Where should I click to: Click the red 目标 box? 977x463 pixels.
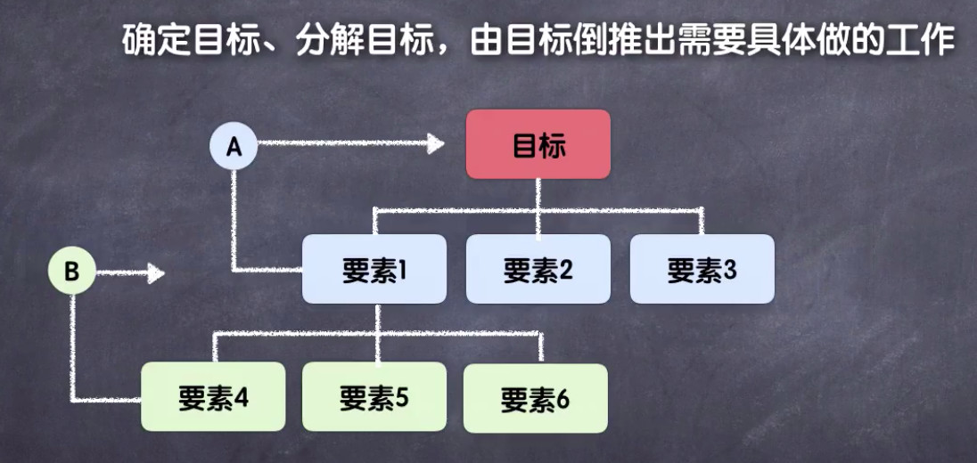[538, 144]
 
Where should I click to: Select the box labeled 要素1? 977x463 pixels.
[374, 269]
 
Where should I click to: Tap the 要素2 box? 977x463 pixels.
[538, 269]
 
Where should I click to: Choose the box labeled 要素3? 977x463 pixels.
[702, 269]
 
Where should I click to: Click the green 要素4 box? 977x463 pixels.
[213, 396]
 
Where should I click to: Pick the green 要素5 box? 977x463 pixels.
[374, 396]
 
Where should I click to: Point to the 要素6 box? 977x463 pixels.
[535, 398]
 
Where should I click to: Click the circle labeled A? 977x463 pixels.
[234, 146]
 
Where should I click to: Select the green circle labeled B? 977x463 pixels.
[72, 272]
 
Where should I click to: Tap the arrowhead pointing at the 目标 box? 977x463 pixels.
[436, 142]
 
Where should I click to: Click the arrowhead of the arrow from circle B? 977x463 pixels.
[156, 272]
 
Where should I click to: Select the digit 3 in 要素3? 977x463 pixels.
[730, 270]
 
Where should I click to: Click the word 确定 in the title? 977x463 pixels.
[151, 40]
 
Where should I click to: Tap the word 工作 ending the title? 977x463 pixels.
[926, 40]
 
